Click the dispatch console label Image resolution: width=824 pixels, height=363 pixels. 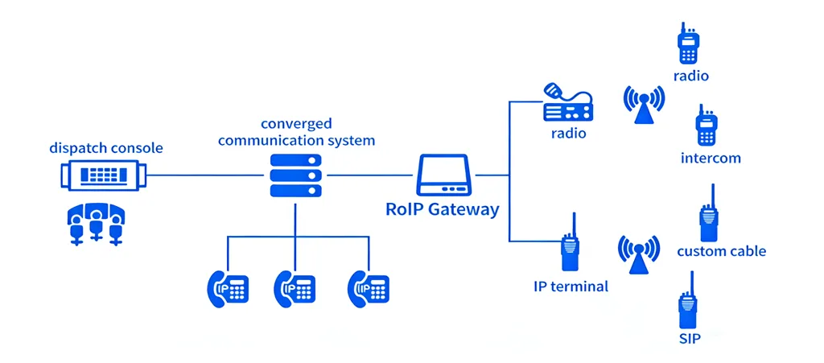[105, 148]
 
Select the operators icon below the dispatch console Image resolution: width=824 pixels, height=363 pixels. [96, 221]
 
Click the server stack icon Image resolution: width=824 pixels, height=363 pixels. [295, 175]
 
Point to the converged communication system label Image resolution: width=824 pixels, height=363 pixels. [296, 132]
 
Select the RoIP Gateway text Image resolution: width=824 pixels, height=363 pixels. [442, 209]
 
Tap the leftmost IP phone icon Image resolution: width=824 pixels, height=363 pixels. [228, 287]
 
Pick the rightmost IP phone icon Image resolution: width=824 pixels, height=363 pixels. [369, 287]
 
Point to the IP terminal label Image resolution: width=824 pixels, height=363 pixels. [571, 287]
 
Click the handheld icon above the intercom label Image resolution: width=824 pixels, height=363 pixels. [706, 127]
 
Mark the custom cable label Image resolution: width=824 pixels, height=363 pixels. [721, 251]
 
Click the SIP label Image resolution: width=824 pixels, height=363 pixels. [690, 338]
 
